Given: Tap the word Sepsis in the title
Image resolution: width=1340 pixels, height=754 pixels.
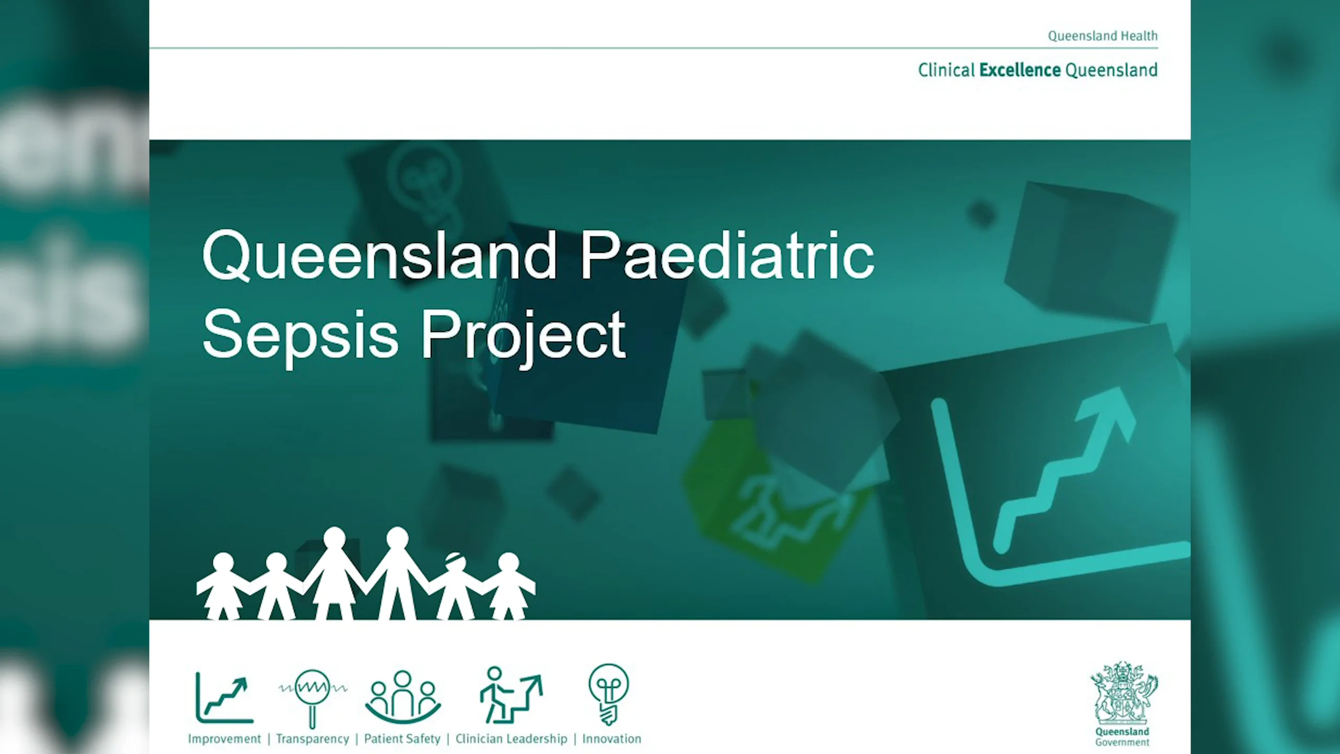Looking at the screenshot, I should tap(300, 334).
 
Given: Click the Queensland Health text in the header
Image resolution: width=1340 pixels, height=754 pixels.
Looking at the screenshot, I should tap(1102, 36).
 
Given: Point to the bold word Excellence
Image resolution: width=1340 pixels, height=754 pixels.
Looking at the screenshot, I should tap(1020, 70).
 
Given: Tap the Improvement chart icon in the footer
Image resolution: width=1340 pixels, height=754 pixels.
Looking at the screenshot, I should tap(225, 698).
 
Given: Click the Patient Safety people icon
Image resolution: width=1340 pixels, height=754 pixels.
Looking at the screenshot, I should tap(403, 696).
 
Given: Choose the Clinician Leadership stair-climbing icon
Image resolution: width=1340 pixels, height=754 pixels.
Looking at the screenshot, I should tap(511, 695).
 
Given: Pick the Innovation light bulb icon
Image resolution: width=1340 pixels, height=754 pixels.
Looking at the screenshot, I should tap(609, 694).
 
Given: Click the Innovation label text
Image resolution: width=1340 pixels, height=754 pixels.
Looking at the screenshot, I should tap(611, 739).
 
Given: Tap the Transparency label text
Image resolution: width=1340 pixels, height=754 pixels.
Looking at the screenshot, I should tap(312, 739).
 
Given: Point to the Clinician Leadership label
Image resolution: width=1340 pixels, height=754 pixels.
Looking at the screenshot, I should tap(511, 739).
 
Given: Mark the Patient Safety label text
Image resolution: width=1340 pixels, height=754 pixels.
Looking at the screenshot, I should tap(403, 739).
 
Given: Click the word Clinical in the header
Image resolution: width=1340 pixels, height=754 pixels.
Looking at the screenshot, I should tap(946, 70).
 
